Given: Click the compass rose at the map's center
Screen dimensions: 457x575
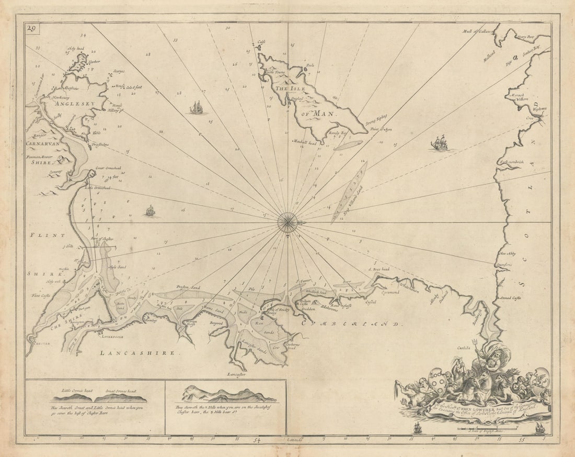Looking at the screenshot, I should tap(287, 222).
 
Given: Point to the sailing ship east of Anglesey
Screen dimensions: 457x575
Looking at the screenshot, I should tap(198, 108).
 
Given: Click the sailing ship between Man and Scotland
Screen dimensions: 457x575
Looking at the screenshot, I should tap(440, 142).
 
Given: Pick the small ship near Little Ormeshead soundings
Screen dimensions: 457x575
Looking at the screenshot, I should tap(150, 211).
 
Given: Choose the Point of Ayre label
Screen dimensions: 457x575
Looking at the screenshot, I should tap(381, 128).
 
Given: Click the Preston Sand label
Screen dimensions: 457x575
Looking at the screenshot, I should tap(189, 287).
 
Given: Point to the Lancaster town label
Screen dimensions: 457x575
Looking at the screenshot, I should tap(236, 374).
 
